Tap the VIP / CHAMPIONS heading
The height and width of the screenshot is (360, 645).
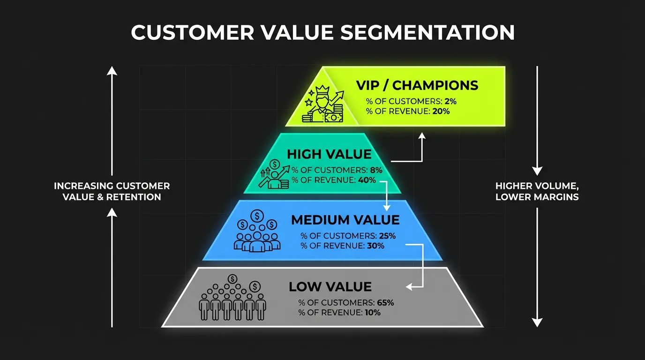pyautogui.click(x=417, y=85)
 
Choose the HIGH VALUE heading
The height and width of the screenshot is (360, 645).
pyautogui.click(x=329, y=154)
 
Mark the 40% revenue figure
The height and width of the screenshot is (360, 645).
pyautogui.click(x=368, y=180)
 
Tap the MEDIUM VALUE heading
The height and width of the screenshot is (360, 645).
pyautogui.click(x=345, y=220)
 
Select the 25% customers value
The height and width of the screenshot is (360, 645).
pyautogui.click(x=387, y=236)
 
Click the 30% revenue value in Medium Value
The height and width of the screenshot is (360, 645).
pyautogui.click(x=375, y=246)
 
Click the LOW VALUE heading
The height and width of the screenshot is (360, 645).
pyautogui.click(x=330, y=286)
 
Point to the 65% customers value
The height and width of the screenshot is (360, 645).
pyautogui.click(x=385, y=303)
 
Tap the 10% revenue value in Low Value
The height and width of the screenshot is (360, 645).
pyautogui.click(x=371, y=313)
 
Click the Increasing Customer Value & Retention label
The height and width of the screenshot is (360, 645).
pyautogui.click(x=112, y=191)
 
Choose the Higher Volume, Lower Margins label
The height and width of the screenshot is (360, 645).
pyautogui.click(x=537, y=191)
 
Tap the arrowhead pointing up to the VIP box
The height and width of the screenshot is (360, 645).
pyautogui.click(x=422, y=135)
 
